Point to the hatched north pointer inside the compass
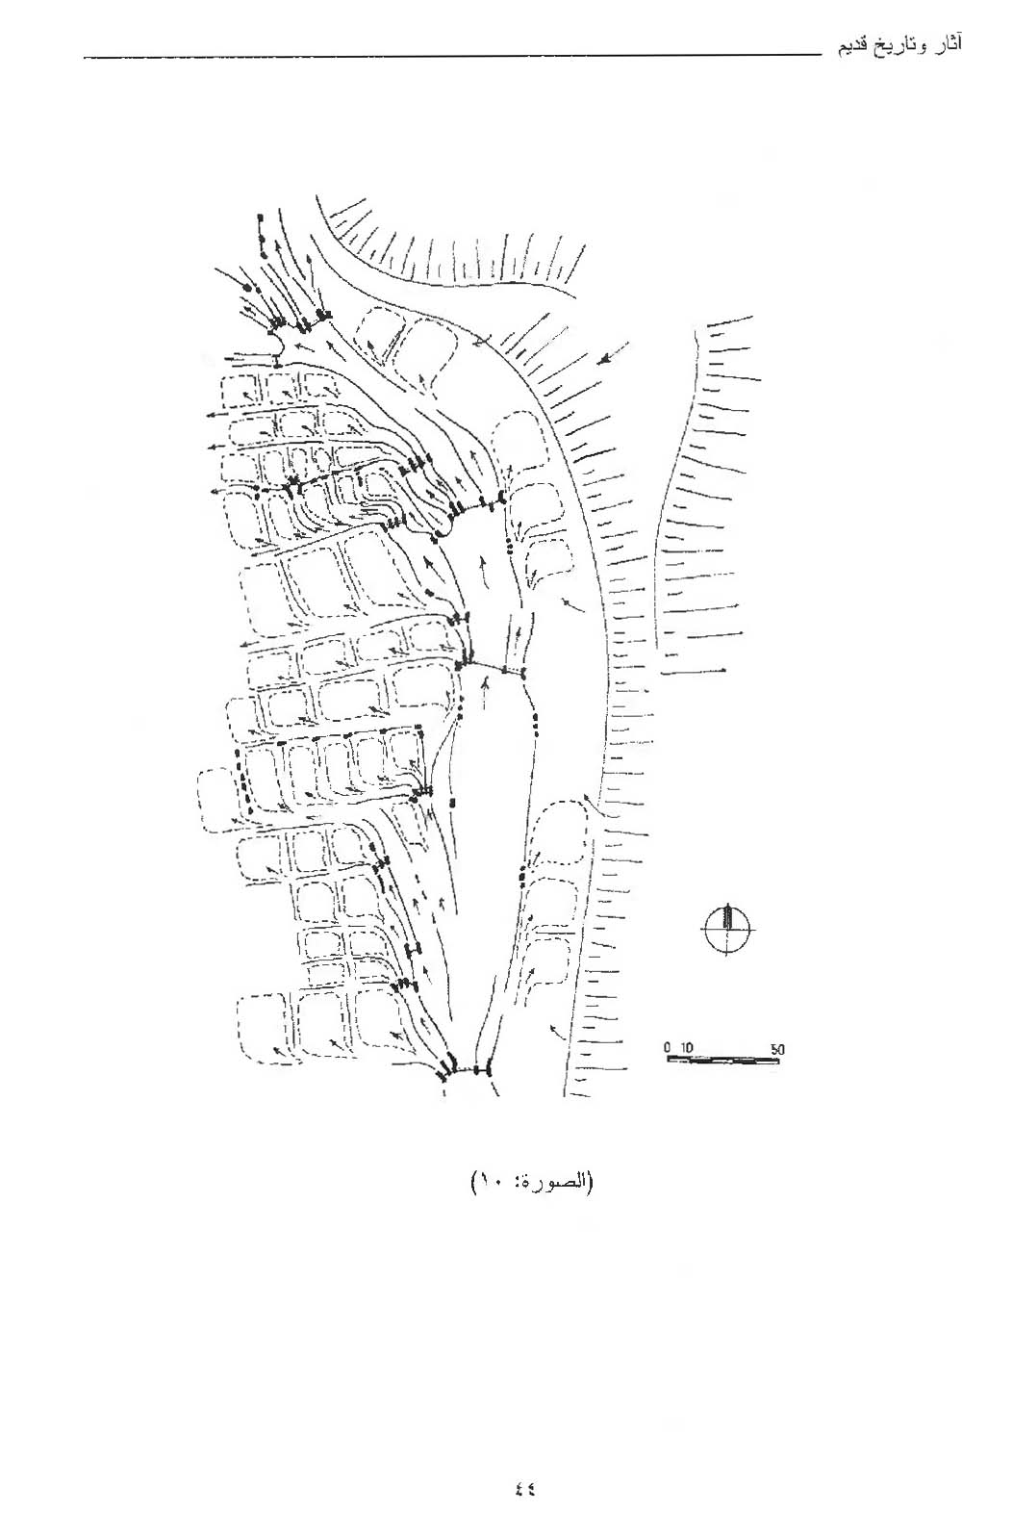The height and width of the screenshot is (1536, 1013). [728, 917]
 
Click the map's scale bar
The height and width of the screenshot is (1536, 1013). [723, 1061]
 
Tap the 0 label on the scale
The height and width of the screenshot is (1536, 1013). [668, 1048]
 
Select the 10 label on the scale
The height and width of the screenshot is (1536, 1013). [688, 1048]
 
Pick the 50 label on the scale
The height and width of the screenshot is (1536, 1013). [777, 1049]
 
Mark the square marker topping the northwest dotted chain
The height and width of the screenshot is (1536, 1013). [261, 218]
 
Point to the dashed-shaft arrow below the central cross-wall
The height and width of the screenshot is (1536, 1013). [486, 693]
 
